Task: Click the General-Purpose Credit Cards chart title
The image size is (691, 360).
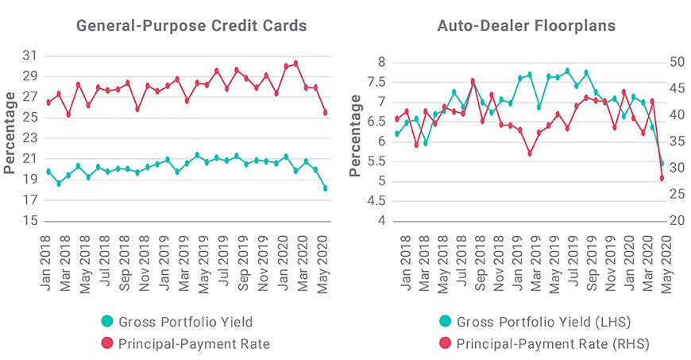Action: coord(191,25)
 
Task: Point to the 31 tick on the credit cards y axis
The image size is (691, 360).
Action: coord(29,56)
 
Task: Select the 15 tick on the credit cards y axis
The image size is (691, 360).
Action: coord(29,221)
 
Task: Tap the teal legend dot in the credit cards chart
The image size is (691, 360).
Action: coord(107,322)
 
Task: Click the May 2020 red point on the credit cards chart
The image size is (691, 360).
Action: coord(325,113)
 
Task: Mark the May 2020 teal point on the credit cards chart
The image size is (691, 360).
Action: coord(325,188)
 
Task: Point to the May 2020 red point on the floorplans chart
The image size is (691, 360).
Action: coord(662,178)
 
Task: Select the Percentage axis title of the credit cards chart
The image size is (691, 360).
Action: coord(10,132)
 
